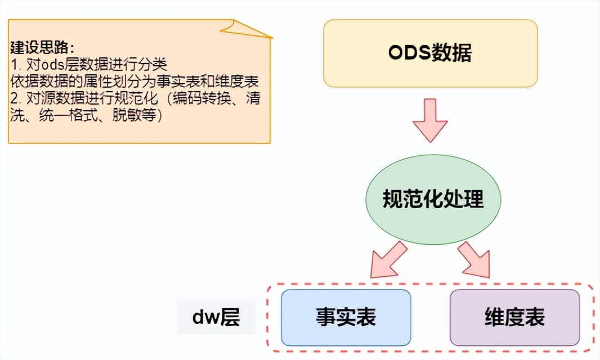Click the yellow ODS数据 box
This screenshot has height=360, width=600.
(430, 53)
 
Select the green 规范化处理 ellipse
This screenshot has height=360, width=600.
(432, 199)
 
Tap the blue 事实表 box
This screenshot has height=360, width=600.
(346, 317)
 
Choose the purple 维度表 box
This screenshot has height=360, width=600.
(514, 317)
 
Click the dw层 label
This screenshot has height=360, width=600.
(216, 318)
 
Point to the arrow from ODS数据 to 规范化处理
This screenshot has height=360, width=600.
(431, 120)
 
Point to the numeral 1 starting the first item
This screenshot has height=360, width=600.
(13, 62)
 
